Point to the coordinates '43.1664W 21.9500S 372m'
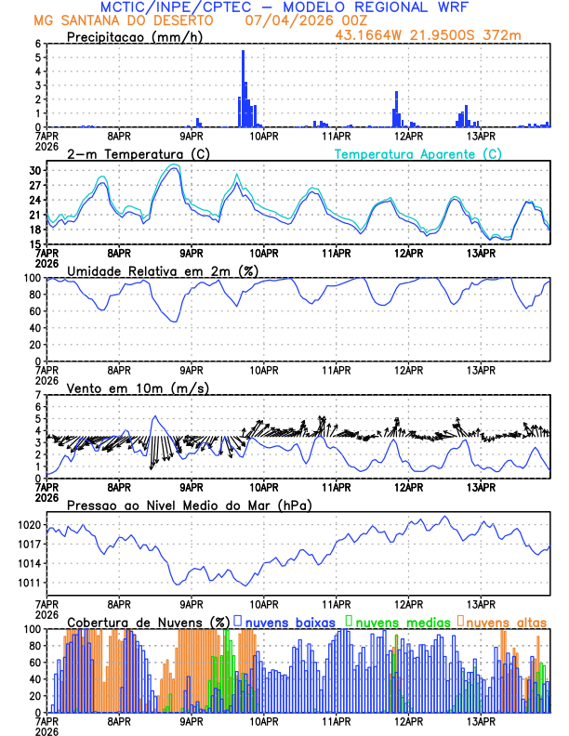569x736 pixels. click(441, 34)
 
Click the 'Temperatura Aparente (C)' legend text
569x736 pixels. click(418, 153)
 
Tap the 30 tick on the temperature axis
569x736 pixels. click(35, 171)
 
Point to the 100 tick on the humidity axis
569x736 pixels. click(31, 278)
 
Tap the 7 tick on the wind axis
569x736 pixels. click(37, 396)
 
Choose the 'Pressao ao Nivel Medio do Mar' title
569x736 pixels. click(190, 505)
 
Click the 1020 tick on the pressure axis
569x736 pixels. click(29, 525)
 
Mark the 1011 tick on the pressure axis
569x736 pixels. click(29, 583)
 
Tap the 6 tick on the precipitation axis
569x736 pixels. click(37, 44)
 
